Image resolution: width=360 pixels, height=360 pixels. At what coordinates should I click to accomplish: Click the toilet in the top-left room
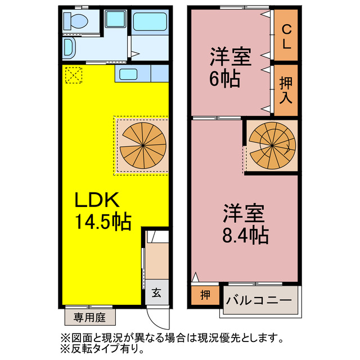click(75, 22)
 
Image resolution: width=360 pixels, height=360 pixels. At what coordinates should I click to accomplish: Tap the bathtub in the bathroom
click(150, 23)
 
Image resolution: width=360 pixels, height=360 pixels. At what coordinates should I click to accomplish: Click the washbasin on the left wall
click(68, 47)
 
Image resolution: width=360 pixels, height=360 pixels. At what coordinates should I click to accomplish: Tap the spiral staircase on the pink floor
click(272, 143)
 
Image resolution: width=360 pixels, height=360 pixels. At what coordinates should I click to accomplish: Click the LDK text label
click(97, 200)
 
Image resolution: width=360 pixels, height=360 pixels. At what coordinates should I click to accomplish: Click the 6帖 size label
click(226, 78)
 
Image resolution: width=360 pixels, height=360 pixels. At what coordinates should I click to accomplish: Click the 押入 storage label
click(286, 89)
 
